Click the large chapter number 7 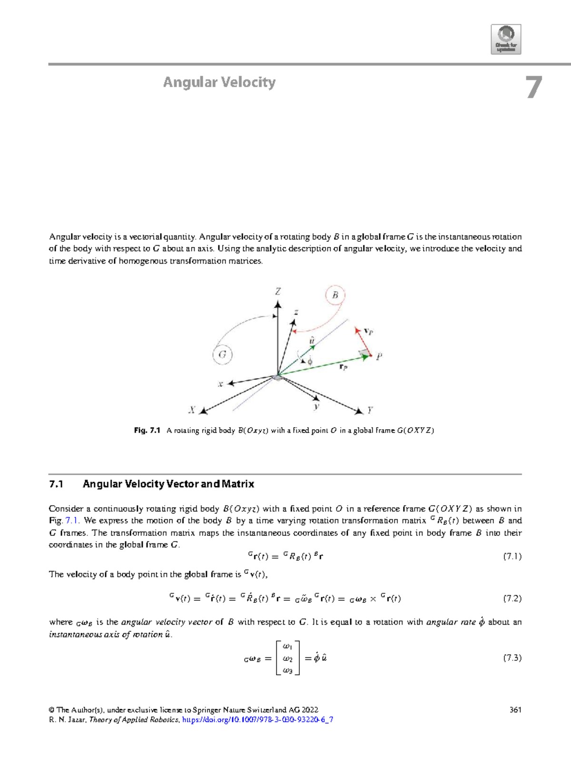pos(534,88)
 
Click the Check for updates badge pos(506,39)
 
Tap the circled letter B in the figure pos(335,295)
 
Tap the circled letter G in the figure pos(222,354)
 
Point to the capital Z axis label pos(278,292)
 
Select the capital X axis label pos(192,409)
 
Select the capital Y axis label pos(370,410)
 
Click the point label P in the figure pos(379,356)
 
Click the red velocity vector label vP pos(368,331)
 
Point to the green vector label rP pos(343,367)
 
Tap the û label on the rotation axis pos(312,340)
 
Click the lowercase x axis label pos(220,384)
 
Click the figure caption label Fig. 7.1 pos(148,430)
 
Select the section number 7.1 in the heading pos(56,484)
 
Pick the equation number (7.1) pos(512,556)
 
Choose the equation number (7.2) pos(512,599)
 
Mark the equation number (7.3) pos(512,658)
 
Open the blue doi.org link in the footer pos(257,719)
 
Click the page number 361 pos(515,709)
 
